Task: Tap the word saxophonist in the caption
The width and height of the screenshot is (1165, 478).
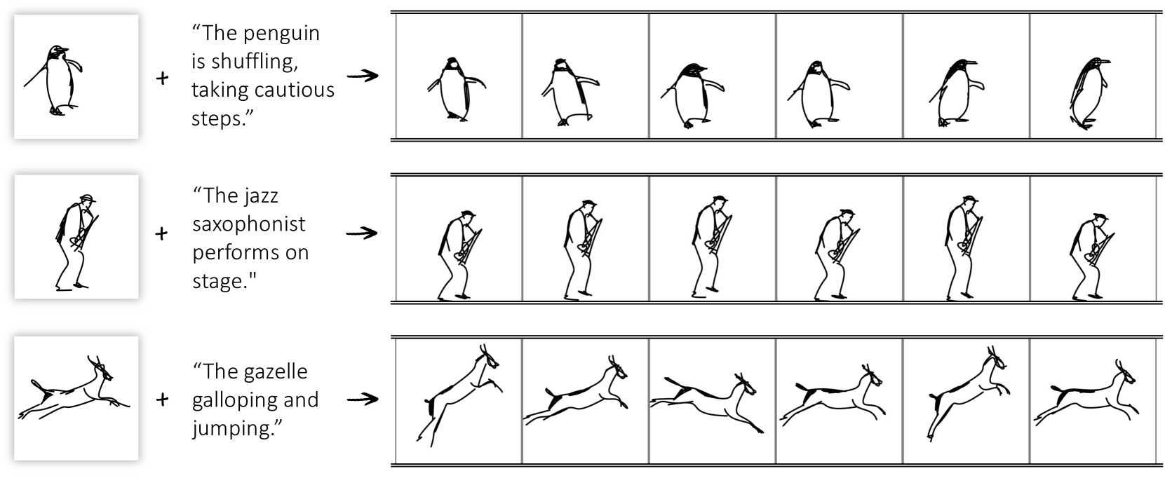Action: tap(249, 225)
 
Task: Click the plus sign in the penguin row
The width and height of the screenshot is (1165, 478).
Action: tap(162, 78)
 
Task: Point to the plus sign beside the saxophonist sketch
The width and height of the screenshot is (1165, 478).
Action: tap(161, 234)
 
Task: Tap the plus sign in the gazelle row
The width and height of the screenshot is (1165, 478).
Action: tap(162, 400)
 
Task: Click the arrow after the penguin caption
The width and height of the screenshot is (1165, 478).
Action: tap(363, 76)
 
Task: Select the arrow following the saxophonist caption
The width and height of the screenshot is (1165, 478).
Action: tap(362, 233)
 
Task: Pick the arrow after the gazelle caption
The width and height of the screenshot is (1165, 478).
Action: tap(363, 399)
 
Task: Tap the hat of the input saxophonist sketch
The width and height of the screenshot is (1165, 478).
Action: tap(88, 198)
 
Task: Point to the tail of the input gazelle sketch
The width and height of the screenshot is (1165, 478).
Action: tap(39, 387)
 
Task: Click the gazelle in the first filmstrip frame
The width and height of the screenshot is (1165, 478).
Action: tap(458, 395)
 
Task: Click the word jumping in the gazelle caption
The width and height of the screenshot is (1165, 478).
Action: tap(237, 429)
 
